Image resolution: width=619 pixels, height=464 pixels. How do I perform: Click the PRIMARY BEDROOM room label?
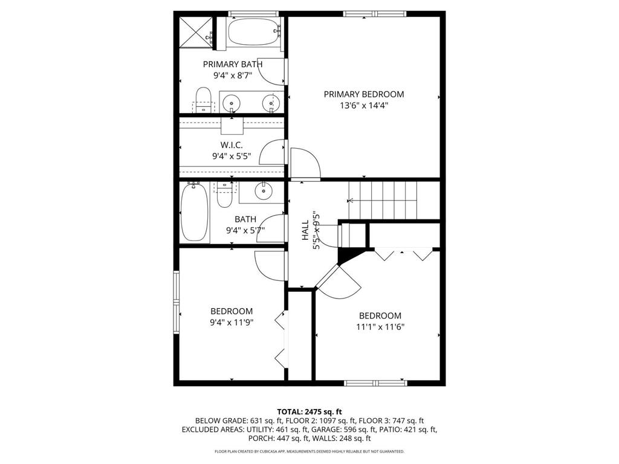tap(363, 94)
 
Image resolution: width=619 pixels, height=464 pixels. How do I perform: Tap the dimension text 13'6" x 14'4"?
tap(363, 105)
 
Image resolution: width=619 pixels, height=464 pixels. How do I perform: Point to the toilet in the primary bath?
tap(204, 100)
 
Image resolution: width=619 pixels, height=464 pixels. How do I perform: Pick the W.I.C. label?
tap(232, 145)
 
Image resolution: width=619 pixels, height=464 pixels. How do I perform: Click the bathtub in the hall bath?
tap(194, 212)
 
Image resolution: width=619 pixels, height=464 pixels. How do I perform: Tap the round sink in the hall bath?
tap(264, 192)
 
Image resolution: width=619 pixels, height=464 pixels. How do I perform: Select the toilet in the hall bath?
tap(224, 193)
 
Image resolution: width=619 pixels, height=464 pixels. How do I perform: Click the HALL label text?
tap(305, 230)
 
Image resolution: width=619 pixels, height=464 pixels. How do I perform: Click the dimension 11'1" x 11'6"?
tap(380, 327)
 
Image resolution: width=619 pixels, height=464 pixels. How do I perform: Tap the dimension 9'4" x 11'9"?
tap(232, 322)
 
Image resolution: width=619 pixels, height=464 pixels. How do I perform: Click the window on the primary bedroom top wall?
tap(375, 13)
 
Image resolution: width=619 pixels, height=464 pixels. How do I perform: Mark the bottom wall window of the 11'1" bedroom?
tap(375, 382)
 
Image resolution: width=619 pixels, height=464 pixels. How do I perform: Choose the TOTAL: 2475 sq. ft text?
tap(309, 411)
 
